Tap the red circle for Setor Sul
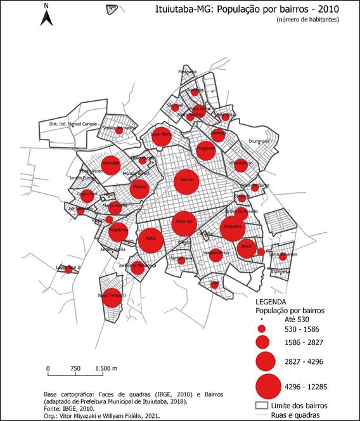185,223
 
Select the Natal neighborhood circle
151,240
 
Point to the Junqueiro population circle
232,227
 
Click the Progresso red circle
206,150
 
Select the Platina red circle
140,188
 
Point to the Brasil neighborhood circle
247,247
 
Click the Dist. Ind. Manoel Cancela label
72,125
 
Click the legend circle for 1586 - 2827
263,342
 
